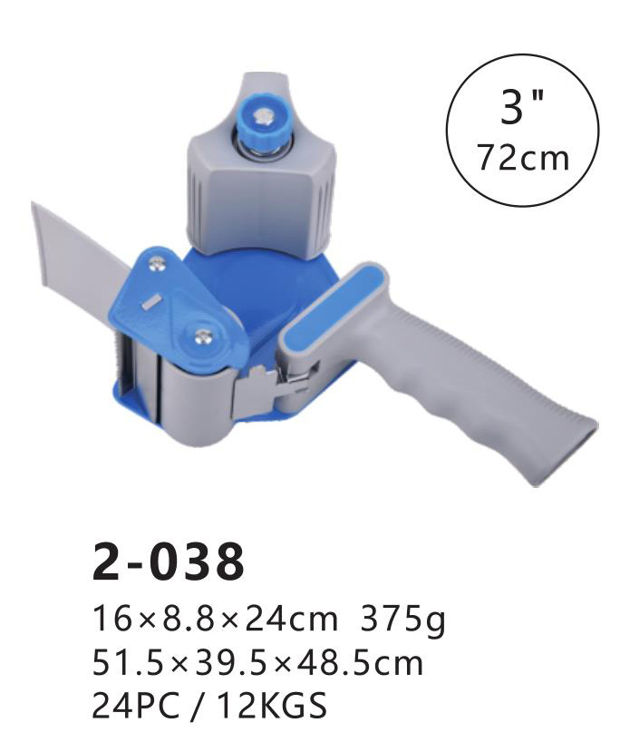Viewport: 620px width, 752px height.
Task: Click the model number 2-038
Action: (169, 562)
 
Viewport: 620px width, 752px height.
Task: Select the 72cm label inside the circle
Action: (523, 157)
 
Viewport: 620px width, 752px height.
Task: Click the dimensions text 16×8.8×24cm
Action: (215, 618)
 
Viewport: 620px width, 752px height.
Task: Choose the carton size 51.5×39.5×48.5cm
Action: (257, 664)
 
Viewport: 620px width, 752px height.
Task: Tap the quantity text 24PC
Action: (136, 705)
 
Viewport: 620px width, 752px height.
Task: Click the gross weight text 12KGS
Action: (272, 705)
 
